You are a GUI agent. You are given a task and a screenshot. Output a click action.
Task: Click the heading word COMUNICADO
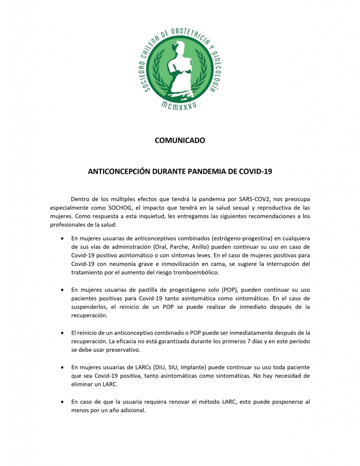pos(180,141)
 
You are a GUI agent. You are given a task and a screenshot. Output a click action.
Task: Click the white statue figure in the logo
pos(179,64)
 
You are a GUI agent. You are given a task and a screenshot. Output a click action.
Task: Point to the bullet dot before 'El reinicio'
pos(62,333)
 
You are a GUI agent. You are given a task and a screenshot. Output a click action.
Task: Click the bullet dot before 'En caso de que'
pos(62,402)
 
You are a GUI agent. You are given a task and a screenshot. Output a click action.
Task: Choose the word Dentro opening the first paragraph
pos(81,199)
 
